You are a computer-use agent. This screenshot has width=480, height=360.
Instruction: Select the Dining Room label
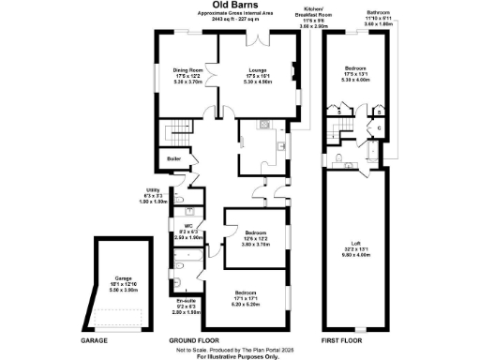click(187, 74)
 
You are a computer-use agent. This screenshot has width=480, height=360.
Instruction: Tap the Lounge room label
click(257, 74)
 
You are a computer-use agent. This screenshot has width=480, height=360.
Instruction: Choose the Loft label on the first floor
click(355, 248)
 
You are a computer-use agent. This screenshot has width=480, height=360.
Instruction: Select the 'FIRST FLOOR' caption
click(357, 340)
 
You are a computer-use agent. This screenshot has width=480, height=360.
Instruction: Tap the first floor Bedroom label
click(355, 74)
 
